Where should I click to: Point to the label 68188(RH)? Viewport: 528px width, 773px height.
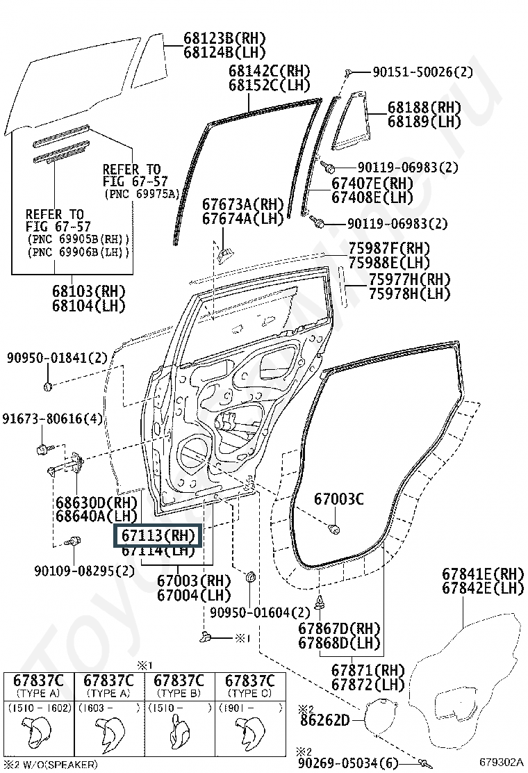point(424,107)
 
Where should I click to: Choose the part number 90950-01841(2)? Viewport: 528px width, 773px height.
point(58,358)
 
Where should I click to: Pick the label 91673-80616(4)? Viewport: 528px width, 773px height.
point(52,419)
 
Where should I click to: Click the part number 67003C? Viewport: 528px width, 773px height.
point(339,498)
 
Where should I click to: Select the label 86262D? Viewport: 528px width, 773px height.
point(324,720)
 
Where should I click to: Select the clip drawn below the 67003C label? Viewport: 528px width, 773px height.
point(334,529)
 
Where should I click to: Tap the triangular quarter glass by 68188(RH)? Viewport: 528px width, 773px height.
point(352,122)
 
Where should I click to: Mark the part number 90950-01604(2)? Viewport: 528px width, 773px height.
point(260,612)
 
